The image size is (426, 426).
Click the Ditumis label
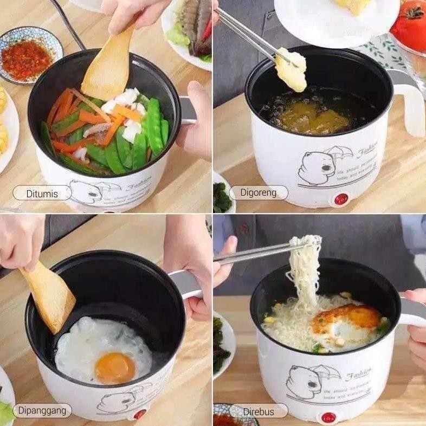click(x=42, y=193)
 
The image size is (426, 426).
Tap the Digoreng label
click(x=258, y=192)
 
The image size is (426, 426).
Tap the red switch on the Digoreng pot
click(x=340, y=200)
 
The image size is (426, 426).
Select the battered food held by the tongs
click(x=291, y=70)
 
